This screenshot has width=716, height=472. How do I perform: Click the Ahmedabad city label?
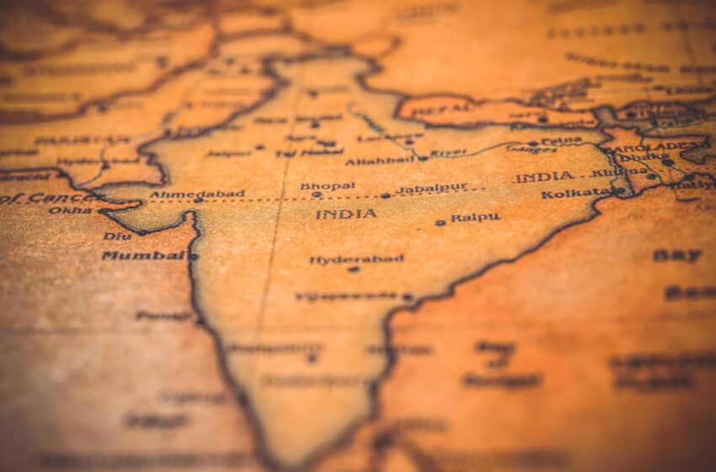point(197,194)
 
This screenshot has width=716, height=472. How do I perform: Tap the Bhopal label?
point(328,186)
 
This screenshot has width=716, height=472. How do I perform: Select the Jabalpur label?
point(432,189)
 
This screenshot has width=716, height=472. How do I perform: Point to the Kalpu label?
point(475,217)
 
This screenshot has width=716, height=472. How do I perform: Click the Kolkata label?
point(576,193)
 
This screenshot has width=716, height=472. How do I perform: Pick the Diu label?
point(117,236)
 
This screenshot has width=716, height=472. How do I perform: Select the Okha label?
point(70,210)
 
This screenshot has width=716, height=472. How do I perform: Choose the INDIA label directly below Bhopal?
point(346,214)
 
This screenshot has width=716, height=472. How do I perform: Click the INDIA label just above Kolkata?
point(544,177)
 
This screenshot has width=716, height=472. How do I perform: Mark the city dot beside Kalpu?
point(440,223)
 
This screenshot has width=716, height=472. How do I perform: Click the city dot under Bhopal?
point(318,195)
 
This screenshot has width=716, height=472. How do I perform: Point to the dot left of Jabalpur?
point(385,196)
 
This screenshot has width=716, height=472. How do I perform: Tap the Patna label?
point(561,141)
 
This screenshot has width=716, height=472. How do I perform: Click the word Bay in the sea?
point(676,255)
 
